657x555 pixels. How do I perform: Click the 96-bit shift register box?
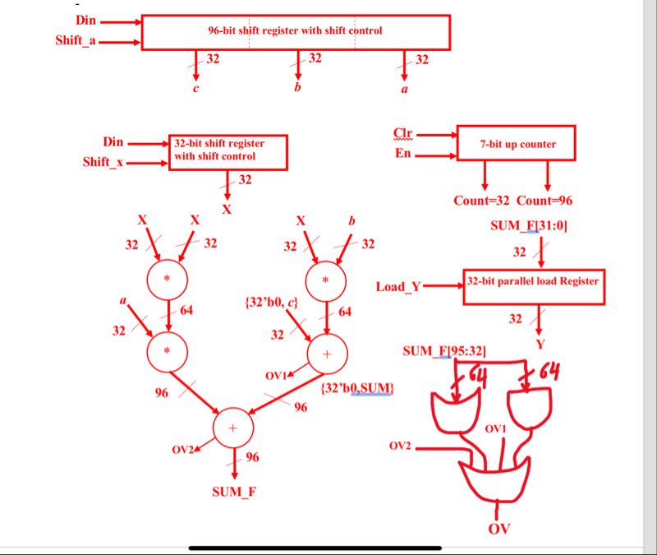(296, 32)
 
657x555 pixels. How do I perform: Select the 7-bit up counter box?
(516, 144)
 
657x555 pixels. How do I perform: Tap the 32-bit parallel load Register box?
(533, 281)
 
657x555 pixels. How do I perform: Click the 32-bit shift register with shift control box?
(227, 150)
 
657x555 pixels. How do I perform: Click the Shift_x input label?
(103, 162)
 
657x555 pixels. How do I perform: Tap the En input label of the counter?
(402, 154)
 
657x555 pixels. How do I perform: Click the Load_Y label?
(398, 287)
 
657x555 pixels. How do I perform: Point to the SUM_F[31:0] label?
(528, 225)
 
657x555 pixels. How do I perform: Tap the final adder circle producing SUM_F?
(232, 428)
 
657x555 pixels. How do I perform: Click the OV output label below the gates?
(499, 528)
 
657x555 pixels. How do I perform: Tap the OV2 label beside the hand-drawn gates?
(400, 446)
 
